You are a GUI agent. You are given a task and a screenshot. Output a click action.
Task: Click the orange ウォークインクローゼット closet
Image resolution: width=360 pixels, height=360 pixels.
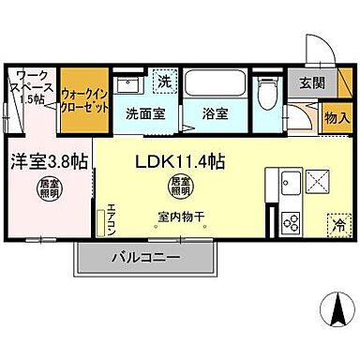pyautogui.click(x=83, y=99)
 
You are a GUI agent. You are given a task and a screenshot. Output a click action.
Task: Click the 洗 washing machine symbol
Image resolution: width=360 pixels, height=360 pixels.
pyautogui.click(x=163, y=82)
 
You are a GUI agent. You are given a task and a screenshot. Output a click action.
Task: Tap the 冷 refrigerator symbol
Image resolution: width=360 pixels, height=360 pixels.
pyautogui.click(x=336, y=224)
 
